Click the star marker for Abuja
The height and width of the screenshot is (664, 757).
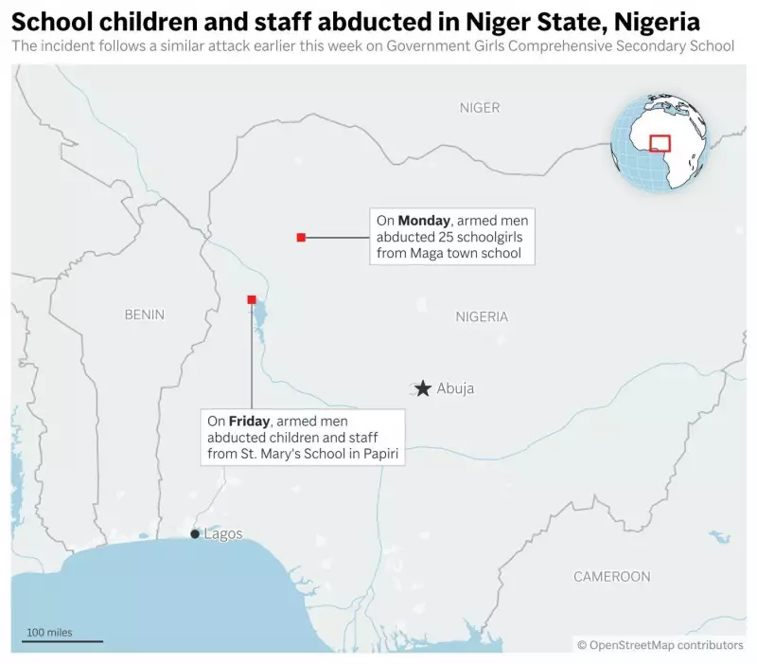point(422,388)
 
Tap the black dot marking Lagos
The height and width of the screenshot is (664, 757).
point(195,534)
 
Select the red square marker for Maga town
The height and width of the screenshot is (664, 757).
point(301,237)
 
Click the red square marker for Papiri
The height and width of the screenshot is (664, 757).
point(251,300)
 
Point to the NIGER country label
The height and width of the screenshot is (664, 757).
point(480,108)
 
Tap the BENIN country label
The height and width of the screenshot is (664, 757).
point(144,314)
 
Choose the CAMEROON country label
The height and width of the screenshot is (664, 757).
point(611,576)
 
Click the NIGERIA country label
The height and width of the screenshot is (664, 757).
point(482,316)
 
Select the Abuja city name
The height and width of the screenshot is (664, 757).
point(455,388)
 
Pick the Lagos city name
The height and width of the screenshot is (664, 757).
point(223,534)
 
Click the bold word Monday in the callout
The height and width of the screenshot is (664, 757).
point(423,221)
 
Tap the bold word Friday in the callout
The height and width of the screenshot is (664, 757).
point(250,421)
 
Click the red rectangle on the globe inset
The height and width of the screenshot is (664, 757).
point(660,143)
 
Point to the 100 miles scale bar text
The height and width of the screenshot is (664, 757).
point(49,632)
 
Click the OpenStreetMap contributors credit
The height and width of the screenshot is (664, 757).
point(660,645)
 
